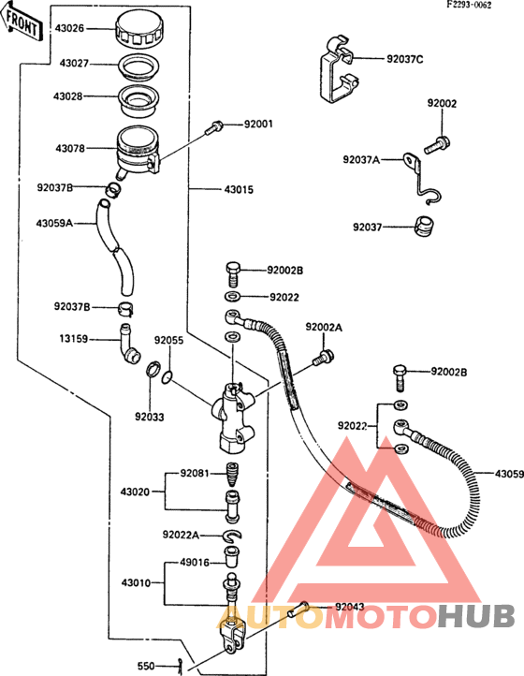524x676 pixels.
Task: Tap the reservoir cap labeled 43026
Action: [x=140, y=28]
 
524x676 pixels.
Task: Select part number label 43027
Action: [x=74, y=64]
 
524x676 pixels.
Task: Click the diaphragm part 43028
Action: [x=138, y=100]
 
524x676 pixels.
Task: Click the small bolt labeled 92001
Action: [x=214, y=126]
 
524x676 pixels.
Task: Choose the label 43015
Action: [x=239, y=190]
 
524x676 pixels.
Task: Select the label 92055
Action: [x=169, y=340]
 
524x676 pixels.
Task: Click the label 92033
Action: [x=150, y=417]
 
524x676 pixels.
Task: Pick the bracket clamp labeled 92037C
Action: [x=340, y=68]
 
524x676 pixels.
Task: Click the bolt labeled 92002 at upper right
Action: [x=437, y=144]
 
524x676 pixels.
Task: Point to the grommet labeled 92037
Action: [x=424, y=227]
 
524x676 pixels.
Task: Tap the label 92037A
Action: [x=361, y=159]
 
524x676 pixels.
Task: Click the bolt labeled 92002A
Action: [x=323, y=358]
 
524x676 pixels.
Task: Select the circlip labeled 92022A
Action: [x=232, y=536]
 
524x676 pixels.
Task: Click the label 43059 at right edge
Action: [x=509, y=474]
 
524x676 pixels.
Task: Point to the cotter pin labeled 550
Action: [x=181, y=666]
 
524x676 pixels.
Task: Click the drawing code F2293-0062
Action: [x=469, y=6]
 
